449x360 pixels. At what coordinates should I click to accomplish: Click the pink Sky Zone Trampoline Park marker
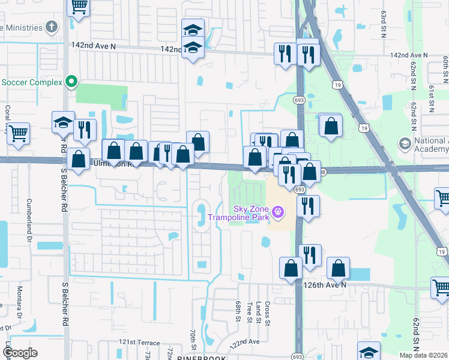[277, 212]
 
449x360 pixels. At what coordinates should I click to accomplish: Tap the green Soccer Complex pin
[71, 82]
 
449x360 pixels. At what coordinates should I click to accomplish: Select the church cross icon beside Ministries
[52, 27]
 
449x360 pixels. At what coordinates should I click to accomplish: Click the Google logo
[20, 353]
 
